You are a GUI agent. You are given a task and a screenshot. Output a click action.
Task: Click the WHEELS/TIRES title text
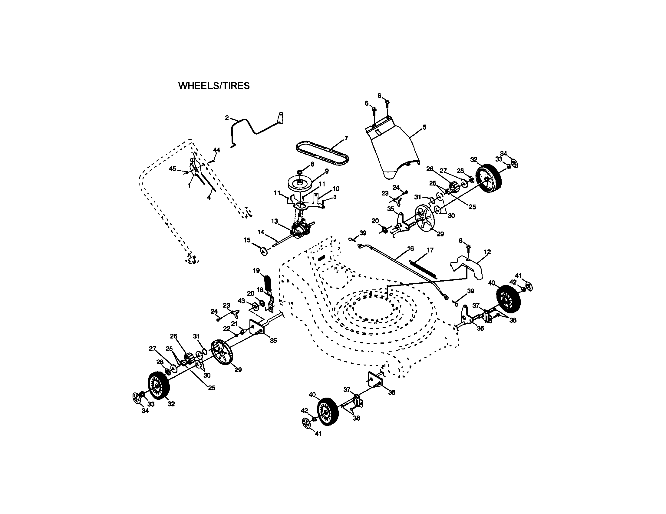[x=214, y=86]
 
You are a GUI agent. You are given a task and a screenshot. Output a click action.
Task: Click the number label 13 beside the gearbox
[x=275, y=221]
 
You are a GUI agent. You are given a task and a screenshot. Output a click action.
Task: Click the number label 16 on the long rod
[x=410, y=249]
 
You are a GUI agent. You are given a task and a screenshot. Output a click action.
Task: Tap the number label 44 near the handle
[x=216, y=150]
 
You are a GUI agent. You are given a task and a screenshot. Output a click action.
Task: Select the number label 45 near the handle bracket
[x=172, y=169]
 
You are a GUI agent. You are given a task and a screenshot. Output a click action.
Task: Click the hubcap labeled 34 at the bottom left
[x=136, y=398]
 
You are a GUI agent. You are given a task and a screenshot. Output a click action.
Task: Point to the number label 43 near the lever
[x=241, y=301]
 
